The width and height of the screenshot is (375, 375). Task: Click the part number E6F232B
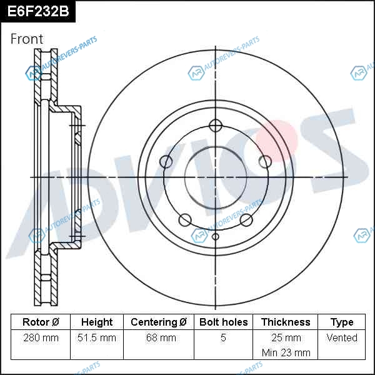38,11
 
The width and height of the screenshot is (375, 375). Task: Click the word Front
27,39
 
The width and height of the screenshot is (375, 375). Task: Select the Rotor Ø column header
41,322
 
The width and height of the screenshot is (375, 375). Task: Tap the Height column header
97,322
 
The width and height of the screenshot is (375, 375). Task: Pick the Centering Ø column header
159,322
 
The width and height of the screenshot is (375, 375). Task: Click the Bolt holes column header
223,322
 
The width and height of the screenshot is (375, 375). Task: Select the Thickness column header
286,322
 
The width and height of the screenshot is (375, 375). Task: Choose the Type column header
342,322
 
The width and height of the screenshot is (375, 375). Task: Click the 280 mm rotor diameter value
41,337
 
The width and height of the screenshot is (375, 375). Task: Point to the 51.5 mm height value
97,337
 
